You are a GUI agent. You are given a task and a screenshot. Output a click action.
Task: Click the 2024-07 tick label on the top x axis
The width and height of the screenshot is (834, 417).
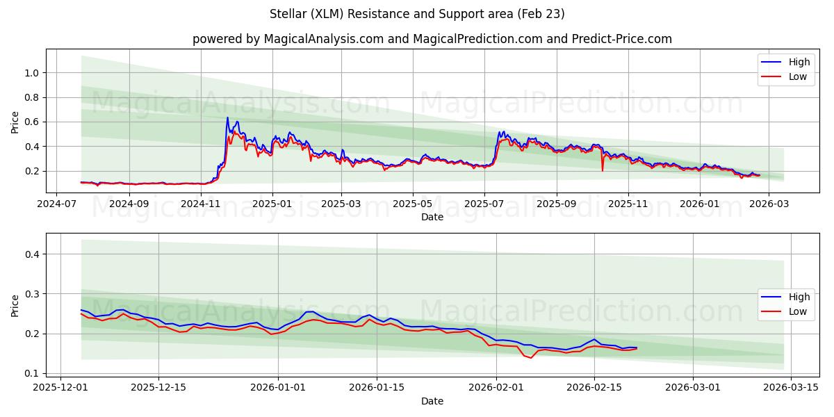56,204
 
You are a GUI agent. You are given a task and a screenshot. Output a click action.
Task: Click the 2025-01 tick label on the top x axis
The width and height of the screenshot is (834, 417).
272,204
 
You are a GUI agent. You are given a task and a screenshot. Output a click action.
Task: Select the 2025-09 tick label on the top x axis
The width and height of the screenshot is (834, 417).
557,204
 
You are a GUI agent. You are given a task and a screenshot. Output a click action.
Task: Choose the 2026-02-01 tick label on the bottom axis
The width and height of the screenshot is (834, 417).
496,388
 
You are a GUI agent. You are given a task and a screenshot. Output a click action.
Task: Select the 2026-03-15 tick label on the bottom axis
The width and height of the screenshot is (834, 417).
791,388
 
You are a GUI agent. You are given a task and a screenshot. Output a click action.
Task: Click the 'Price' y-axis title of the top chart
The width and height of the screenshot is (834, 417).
15,122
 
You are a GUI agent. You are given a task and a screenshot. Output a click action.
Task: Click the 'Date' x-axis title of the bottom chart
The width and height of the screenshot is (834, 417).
432,401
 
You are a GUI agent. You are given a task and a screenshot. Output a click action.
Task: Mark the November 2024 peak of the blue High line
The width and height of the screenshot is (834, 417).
227,117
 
